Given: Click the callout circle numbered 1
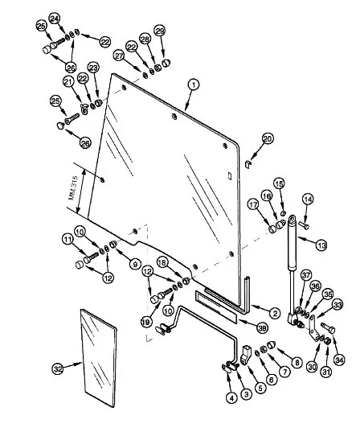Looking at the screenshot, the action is [x=194, y=84].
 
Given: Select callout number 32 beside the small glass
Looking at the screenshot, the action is [x=58, y=368].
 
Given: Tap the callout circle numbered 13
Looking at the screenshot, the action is [x=321, y=245].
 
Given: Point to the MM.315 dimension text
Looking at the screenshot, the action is [x=73, y=187].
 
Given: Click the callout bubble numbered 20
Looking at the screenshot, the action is [x=267, y=138].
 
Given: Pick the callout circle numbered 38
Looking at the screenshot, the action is [x=262, y=327].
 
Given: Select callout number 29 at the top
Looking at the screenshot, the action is [x=160, y=31].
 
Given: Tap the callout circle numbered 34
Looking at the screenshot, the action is [x=340, y=360].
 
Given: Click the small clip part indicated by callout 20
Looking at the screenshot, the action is [x=248, y=164].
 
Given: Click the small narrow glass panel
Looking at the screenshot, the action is [x=99, y=358].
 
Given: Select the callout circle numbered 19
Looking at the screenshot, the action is [x=147, y=321].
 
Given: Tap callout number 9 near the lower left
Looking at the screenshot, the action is [x=135, y=265].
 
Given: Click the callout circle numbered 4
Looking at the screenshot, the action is [x=231, y=398].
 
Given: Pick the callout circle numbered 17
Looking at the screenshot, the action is [x=253, y=204].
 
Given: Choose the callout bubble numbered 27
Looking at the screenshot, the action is [x=120, y=56].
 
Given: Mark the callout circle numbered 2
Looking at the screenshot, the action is [x=275, y=313].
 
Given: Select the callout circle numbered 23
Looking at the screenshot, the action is [x=93, y=68].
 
